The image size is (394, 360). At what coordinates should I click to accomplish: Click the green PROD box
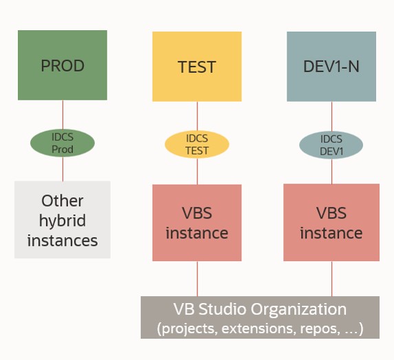[63, 65]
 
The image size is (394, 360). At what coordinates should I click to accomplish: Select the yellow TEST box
[197, 67]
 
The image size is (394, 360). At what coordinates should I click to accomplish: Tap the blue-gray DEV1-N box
[331, 67]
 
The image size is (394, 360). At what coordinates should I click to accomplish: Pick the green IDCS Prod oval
[63, 143]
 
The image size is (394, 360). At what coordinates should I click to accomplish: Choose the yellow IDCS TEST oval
[197, 144]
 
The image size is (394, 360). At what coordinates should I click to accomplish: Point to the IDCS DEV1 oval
[331, 144]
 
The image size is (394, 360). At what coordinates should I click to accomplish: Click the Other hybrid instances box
[63, 220]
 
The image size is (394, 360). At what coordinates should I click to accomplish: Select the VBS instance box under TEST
[197, 223]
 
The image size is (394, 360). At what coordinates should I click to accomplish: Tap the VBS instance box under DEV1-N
[331, 223]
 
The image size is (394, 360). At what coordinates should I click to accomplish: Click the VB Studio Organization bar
[260, 317]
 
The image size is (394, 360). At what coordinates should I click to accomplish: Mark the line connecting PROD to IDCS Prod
[63, 115]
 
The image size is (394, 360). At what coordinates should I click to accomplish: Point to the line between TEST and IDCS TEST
[197, 116]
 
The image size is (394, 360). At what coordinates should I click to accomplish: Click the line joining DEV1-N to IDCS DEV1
[331, 116]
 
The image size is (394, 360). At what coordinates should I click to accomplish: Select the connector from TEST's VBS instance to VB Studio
[197, 278]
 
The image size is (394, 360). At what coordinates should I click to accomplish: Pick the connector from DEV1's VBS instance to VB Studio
[331, 278]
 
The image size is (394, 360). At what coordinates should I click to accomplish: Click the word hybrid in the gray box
[63, 221]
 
